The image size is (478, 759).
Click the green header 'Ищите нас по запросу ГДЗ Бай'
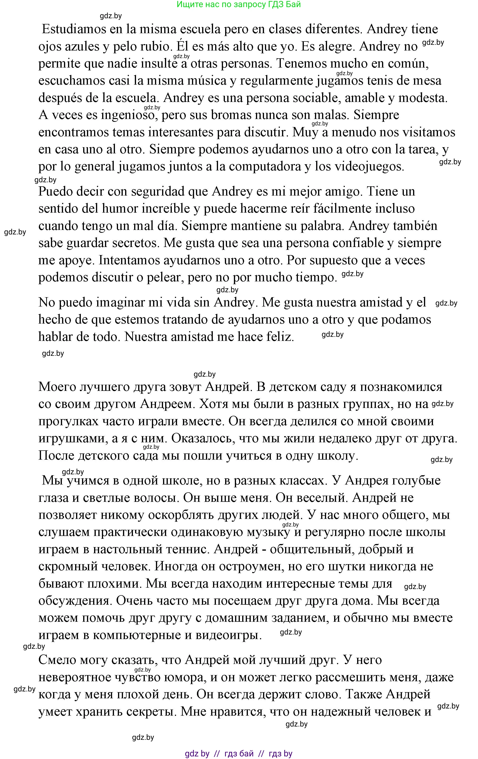[x=239, y=5]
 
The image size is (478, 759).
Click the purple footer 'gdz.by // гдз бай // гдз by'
[x=239, y=754]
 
